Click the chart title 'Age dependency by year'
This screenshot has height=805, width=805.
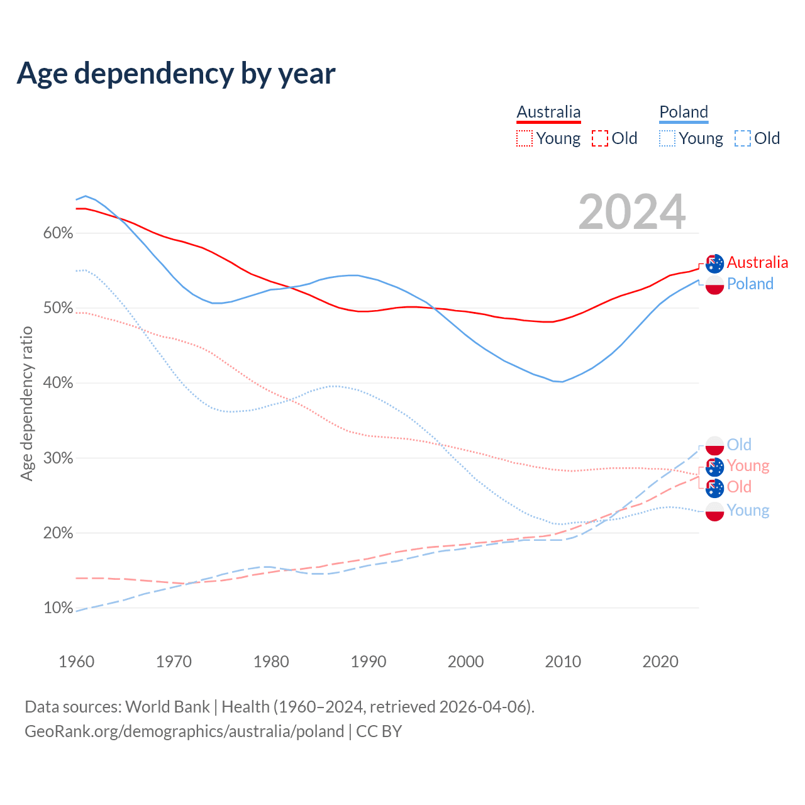[176, 74]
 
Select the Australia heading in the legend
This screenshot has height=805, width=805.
[548, 112]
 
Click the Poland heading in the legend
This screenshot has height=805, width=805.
[684, 112]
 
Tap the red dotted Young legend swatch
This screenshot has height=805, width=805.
[525, 138]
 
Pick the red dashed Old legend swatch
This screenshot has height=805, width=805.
[600, 138]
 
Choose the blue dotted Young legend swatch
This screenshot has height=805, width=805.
[667, 138]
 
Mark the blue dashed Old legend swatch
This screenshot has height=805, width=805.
[743, 138]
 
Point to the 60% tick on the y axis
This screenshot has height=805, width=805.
[58, 233]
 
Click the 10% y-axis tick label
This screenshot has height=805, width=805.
[58, 608]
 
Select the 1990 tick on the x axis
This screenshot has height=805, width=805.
[369, 662]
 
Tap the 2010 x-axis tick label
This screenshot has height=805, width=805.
[563, 662]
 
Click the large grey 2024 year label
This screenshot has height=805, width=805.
[632, 213]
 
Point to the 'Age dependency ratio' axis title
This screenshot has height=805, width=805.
[26, 403]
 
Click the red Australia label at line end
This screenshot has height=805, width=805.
[757, 263]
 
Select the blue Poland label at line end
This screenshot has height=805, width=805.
[750, 284]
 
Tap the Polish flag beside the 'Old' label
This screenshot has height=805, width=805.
[715, 445]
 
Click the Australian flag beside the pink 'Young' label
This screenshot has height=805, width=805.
[715, 467]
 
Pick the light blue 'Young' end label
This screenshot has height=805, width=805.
[748, 510]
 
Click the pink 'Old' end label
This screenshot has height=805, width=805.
[739, 487]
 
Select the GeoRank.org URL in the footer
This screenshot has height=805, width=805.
[184, 731]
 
